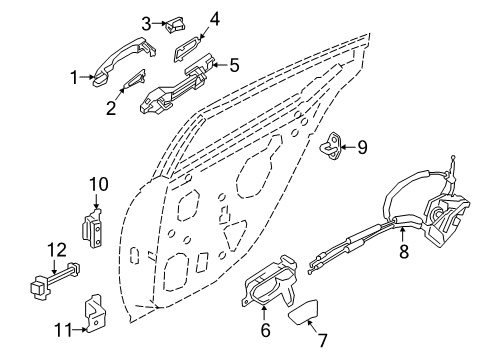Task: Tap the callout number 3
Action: click(146, 23)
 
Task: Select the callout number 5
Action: click(234, 65)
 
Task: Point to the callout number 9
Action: click(362, 148)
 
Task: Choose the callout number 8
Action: click(403, 254)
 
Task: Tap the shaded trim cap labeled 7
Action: click(309, 319)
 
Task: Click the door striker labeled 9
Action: click(331, 149)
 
